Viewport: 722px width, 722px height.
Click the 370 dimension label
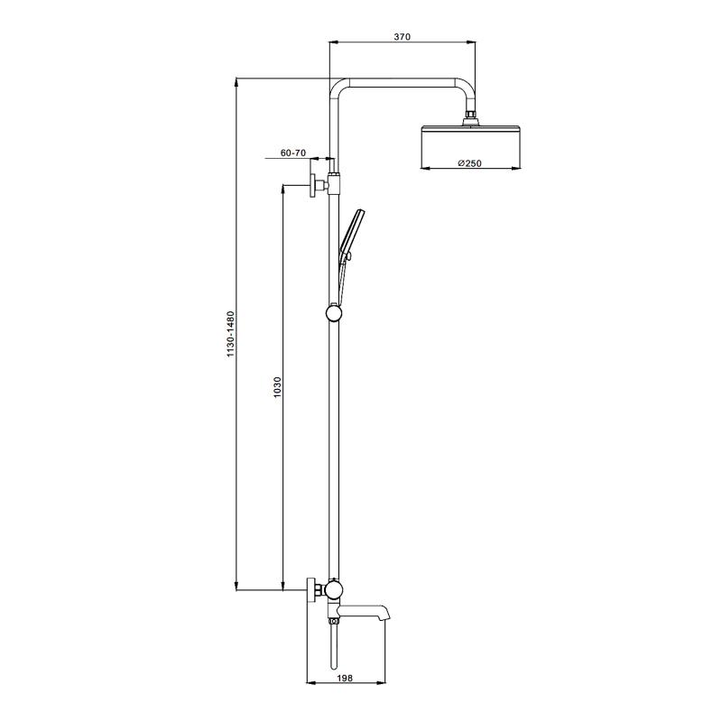click(402, 37)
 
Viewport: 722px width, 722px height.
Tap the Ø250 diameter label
click(469, 163)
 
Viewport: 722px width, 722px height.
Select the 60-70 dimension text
click(293, 153)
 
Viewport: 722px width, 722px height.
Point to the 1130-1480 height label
click(231, 334)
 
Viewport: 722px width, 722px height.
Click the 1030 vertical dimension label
click(277, 387)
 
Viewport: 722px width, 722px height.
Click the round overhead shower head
click(471, 145)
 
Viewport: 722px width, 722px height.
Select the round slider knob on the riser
click(334, 313)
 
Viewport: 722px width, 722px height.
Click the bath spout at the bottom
click(364, 611)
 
